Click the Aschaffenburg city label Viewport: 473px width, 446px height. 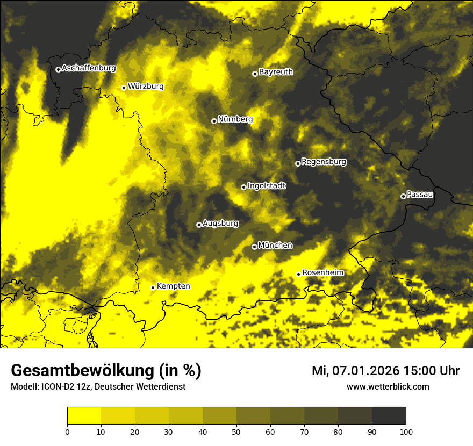89,68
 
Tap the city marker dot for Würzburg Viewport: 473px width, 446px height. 124,88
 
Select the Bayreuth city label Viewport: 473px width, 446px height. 276,71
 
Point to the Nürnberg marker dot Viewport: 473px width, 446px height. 214,121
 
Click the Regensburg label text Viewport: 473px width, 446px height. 324,161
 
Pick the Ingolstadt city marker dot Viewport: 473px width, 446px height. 243,187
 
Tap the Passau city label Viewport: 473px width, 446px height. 420,194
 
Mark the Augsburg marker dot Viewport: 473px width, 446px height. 199,225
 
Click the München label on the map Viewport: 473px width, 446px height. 275,245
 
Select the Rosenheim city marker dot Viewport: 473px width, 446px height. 298,274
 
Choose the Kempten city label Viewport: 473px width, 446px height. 173,286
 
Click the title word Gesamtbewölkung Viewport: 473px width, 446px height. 81,371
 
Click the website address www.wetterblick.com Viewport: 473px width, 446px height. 388,386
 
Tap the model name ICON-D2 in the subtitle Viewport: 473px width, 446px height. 56,387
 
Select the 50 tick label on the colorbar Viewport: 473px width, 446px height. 236,431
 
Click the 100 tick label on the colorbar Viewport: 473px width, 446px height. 406,431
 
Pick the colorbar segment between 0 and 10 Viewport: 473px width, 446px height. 84,416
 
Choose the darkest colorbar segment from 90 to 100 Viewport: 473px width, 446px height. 389,416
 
